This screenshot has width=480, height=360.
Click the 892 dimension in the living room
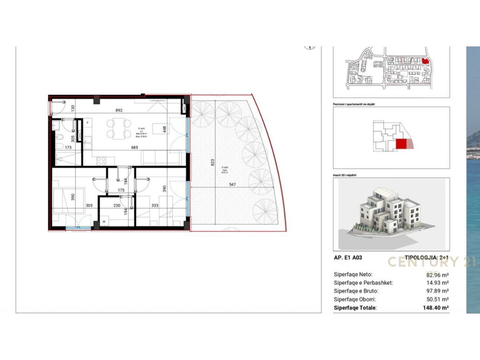(x=119, y=111)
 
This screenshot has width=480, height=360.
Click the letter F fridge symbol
(x=88, y=122)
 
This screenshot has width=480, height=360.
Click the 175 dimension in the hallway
(x=120, y=190)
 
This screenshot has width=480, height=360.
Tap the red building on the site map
(x=425, y=61)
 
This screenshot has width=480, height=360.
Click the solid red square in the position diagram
(x=401, y=144)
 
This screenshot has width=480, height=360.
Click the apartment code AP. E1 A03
(x=348, y=257)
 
